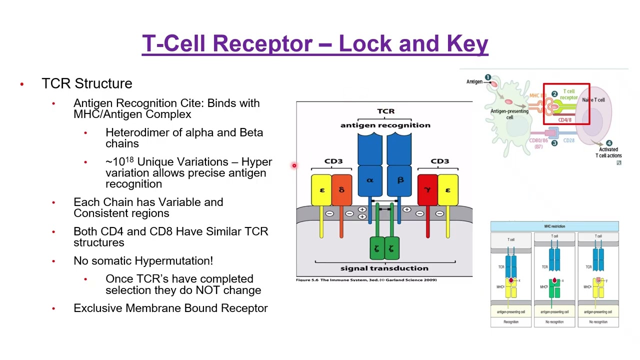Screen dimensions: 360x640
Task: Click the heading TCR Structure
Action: pyautogui.click(x=86, y=83)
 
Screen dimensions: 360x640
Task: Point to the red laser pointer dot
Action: pyautogui.click(x=294, y=165)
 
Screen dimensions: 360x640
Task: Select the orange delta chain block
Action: pyautogui.click(x=341, y=190)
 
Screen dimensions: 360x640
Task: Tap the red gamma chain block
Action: pyautogui.click(x=427, y=190)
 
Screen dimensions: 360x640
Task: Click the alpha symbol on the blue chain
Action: pyautogui.click(x=370, y=180)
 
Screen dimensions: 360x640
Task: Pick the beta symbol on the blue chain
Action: pyautogui.click(x=400, y=180)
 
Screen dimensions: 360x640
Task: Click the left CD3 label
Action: pyautogui.click(x=333, y=161)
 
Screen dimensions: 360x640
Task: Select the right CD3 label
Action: pyautogui.click(x=440, y=161)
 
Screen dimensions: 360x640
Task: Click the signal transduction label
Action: pyautogui.click(x=384, y=268)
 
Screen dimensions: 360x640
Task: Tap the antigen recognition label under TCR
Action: pyautogui.click(x=385, y=125)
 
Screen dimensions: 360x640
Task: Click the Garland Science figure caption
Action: pyautogui.click(x=366, y=280)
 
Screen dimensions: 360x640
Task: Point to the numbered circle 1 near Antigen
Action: pyautogui.click(x=487, y=77)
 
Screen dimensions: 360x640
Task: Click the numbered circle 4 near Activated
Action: pyautogui.click(x=609, y=143)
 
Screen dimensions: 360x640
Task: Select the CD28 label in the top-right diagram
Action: pyautogui.click(x=569, y=140)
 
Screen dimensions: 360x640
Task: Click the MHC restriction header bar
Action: pyautogui.click(x=554, y=226)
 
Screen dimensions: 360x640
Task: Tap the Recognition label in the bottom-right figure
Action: pyautogui.click(x=511, y=322)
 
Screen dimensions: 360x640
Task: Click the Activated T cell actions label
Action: pyautogui.click(x=608, y=152)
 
